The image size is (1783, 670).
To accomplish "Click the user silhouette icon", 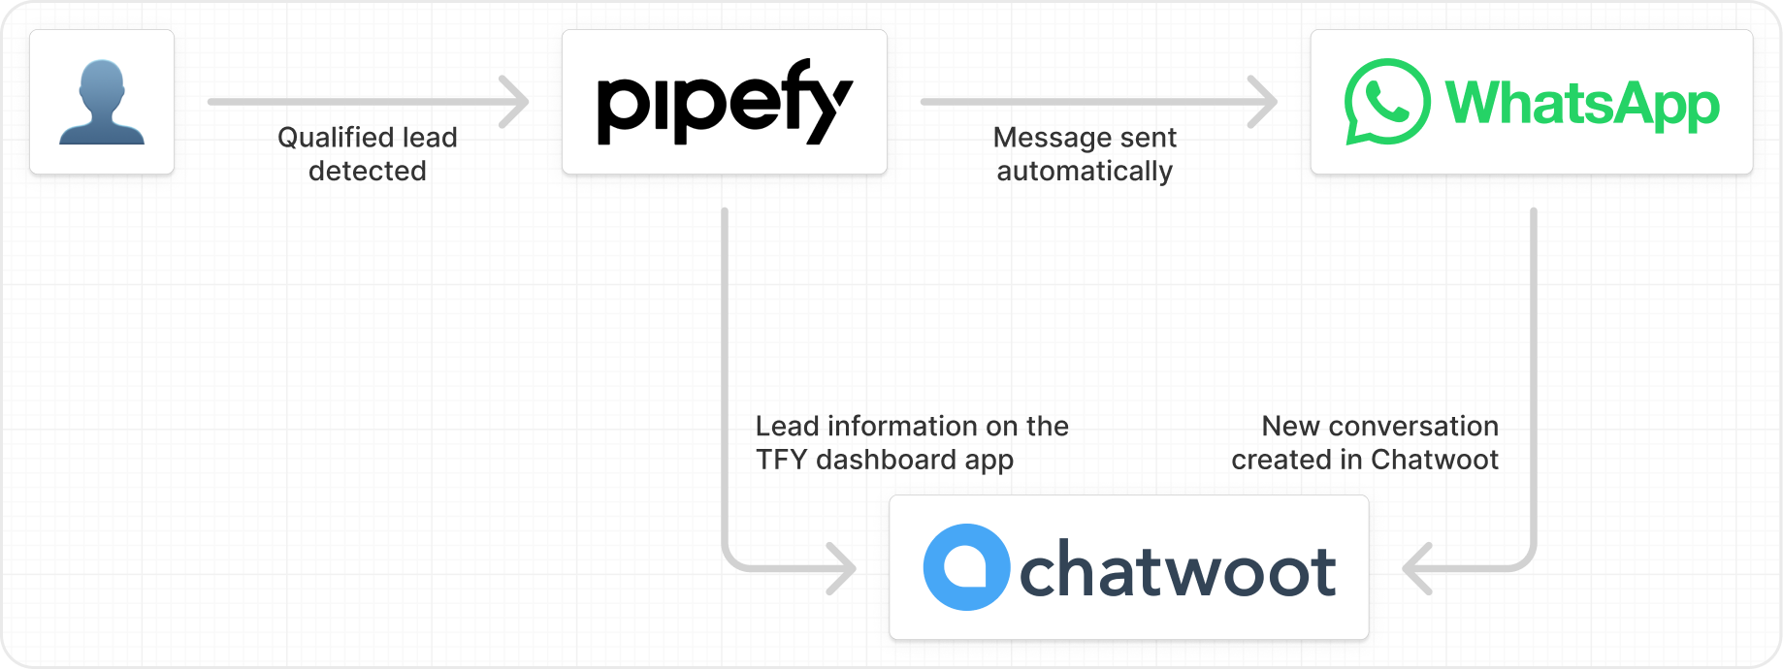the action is pos(102,103).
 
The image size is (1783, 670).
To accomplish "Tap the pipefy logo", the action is pos(725,102).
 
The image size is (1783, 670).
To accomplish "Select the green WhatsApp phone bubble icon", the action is pos(1387,102).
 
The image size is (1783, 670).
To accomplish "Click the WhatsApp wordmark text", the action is pos(1582,104).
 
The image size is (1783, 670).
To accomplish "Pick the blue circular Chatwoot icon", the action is pos(966,567).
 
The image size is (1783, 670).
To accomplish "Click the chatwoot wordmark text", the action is pos(1178,569).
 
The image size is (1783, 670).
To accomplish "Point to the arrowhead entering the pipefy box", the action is pos(514,102).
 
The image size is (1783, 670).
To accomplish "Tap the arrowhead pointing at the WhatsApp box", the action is pos(1262,102).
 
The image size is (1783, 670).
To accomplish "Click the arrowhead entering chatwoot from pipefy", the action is pos(841,568).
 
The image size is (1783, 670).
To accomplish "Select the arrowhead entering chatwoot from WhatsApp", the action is pos(1417,568).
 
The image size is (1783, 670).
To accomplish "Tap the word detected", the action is pos(368,171).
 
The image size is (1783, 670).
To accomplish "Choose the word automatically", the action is pos(1085,172).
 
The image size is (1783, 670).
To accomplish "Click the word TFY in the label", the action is pos(781,460).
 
